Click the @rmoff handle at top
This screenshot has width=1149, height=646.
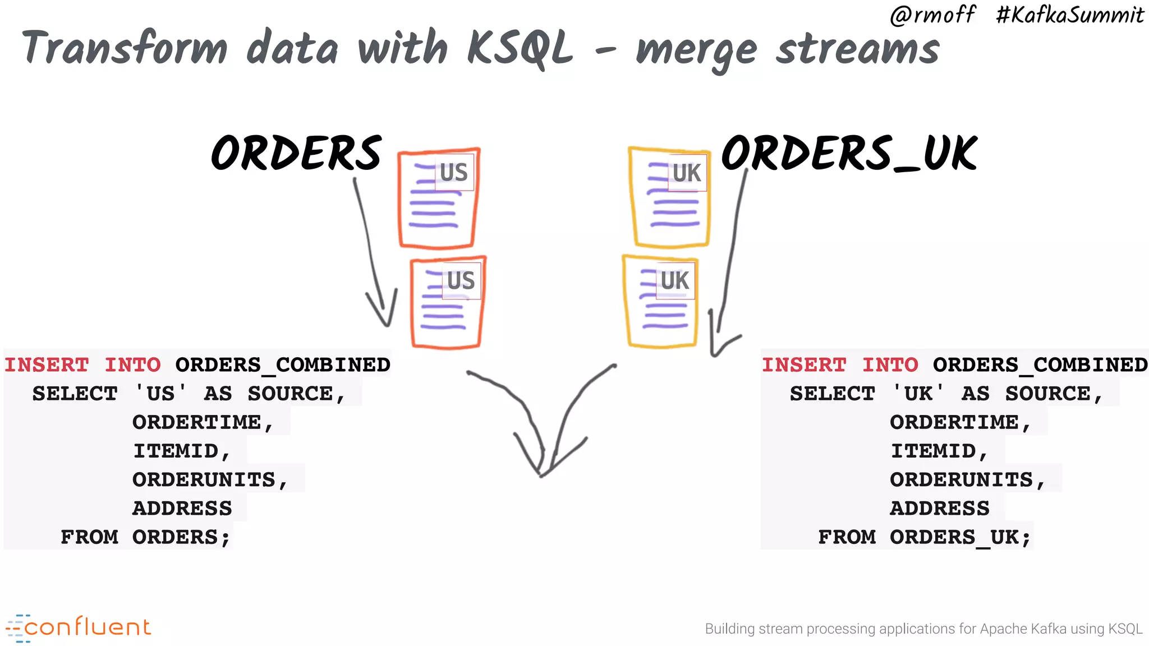pyautogui.click(x=932, y=15)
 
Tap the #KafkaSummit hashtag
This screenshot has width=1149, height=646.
pyautogui.click(x=1069, y=15)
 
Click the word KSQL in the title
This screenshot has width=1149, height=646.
pyautogui.click(x=519, y=48)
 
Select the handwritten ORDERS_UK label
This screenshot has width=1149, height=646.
pyautogui.click(x=849, y=154)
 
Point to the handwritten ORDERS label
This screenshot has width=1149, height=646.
pyautogui.click(x=296, y=154)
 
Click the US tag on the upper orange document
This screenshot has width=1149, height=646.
pyautogui.click(x=454, y=173)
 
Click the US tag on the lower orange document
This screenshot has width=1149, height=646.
pyautogui.click(x=461, y=280)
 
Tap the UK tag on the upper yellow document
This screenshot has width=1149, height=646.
pyautogui.click(x=687, y=173)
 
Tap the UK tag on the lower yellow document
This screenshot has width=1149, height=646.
pyautogui.click(x=675, y=280)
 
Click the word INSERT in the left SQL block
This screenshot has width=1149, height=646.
pyautogui.click(x=47, y=365)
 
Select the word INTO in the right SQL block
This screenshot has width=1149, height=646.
pyautogui.click(x=890, y=365)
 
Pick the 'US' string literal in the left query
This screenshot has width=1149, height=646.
pyautogui.click(x=160, y=394)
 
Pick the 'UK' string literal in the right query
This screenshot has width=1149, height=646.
pyautogui.click(x=918, y=394)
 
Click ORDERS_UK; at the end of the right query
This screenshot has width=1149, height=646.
pyautogui.click(x=960, y=537)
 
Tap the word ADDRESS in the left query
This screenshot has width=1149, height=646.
pyautogui.click(x=182, y=509)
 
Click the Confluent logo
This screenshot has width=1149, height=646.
pyautogui.click(x=79, y=627)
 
